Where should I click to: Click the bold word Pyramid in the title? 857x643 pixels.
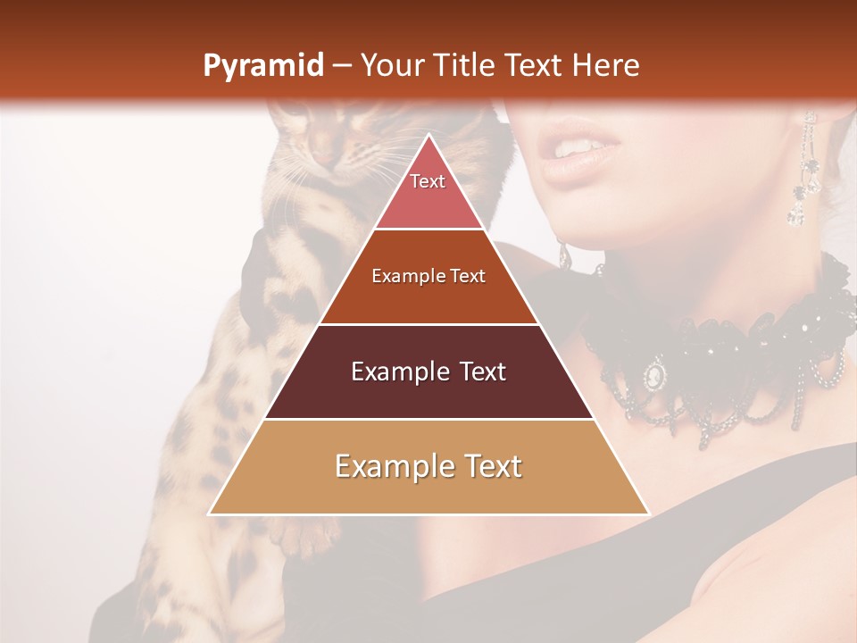point(262,66)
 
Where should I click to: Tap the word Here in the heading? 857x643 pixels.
point(606,65)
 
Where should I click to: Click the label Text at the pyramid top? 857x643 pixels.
point(428,181)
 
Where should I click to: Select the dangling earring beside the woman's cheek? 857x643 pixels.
point(803,174)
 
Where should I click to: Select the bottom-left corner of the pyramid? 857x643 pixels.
point(211,514)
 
